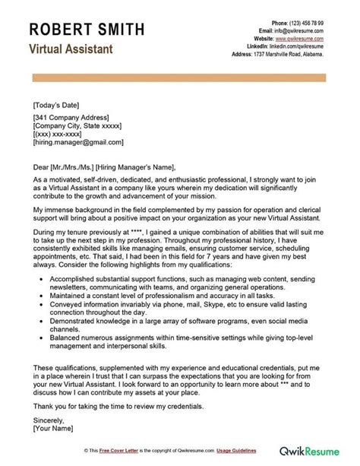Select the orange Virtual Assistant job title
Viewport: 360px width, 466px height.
71,49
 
